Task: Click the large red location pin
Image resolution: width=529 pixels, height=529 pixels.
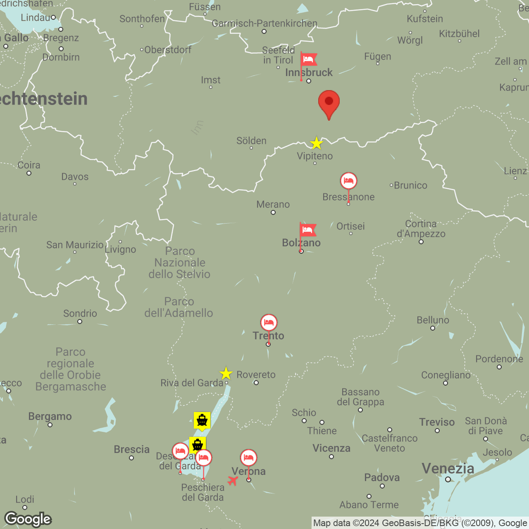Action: [x=329, y=102]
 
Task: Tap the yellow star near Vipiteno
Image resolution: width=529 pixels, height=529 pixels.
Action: [x=317, y=143]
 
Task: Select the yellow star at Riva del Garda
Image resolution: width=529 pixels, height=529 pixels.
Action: [x=226, y=374]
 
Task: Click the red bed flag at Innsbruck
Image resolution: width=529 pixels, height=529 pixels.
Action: [x=308, y=60]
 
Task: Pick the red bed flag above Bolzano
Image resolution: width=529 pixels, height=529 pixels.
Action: [x=307, y=230]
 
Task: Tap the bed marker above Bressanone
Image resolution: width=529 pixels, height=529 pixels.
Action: [x=348, y=181]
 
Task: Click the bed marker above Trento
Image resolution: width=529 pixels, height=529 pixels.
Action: [x=269, y=323]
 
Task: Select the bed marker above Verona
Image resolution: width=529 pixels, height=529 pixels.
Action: [x=248, y=458]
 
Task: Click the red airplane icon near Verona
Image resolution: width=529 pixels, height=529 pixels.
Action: [x=233, y=481]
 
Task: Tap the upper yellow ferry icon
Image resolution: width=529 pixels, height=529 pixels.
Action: [x=202, y=420]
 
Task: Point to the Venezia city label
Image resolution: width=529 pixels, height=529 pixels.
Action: [x=448, y=469]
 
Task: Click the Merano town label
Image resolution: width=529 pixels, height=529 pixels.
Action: [x=273, y=204]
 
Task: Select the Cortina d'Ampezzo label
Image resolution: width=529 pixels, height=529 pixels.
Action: [x=421, y=229]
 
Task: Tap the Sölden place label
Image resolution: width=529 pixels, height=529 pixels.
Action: [x=251, y=141]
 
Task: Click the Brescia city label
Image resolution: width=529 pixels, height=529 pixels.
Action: [x=132, y=449]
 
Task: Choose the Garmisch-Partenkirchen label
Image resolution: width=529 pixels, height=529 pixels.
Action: [x=264, y=24]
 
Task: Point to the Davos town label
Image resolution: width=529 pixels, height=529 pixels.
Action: [x=75, y=177]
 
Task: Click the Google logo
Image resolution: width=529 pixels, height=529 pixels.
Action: [x=28, y=519]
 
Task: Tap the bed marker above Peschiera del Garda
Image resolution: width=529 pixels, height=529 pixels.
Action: [x=203, y=458]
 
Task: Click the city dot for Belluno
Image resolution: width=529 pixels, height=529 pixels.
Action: [x=433, y=328]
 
